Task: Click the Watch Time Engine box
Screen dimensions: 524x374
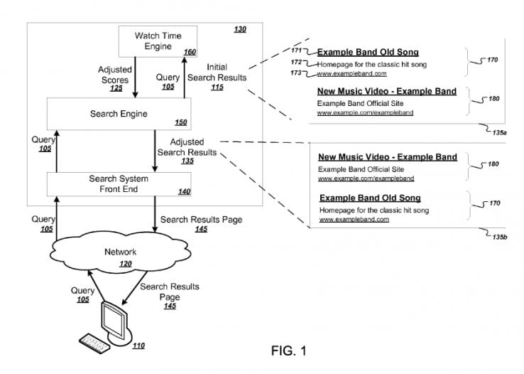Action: pyautogui.click(x=158, y=41)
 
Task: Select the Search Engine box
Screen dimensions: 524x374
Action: pyautogui.click(x=119, y=114)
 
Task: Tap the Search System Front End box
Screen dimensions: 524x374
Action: pyautogui.click(x=119, y=184)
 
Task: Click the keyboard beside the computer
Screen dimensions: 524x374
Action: pyautogui.click(x=94, y=343)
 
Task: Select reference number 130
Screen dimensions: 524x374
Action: pyautogui.click(x=240, y=29)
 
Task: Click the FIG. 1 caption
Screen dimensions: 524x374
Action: pyautogui.click(x=289, y=351)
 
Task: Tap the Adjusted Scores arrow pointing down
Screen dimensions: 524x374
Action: pyautogui.click(x=135, y=78)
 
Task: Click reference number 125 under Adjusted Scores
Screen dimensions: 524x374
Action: pyautogui.click(x=116, y=88)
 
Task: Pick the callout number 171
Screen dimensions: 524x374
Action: pyautogui.click(x=296, y=50)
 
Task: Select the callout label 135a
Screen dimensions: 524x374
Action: pyautogui.click(x=499, y=133)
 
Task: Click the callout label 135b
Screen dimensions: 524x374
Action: pyautogui.click(x=500, y=237)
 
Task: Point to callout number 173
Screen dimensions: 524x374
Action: pyautogui.click(x=296, y=73)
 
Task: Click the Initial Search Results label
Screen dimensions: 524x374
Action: pyautogui.click(x=217, y=73)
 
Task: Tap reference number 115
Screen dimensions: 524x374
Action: pyautogui.click(x=217, y=87)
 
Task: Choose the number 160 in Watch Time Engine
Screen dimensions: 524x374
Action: pyautogui.click(x=190, y=52)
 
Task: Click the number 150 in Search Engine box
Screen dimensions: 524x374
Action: pyautogui.click(x=181, y=122)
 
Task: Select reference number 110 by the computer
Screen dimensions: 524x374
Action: pyautogui.click(x=138, y=346)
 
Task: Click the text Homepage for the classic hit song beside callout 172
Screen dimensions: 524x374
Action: pyautogui.click(x=372, y=65)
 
